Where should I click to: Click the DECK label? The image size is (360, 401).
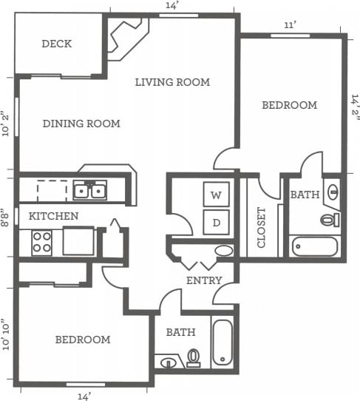[x=56, y=44]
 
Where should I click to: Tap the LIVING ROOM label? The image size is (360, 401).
[x=172, y=82]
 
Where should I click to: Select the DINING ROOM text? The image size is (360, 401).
[x=81, y=124]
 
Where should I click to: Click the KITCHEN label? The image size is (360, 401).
[x=54, y=216]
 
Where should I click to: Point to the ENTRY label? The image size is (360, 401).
[x=203, y=280]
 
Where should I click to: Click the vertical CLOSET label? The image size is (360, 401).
[x=261, y=227]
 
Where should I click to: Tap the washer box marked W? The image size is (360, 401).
[x=216, y=195]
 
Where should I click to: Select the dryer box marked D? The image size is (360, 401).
[x=216, y=222]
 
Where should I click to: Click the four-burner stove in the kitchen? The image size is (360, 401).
[x=41, y=242]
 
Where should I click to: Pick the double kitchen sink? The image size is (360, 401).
[x=89, y=192]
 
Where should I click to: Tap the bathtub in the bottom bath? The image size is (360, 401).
[x=223, y=341]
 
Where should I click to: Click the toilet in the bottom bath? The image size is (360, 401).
[x=194, y=358]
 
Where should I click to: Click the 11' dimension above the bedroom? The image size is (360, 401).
[x=291, y=25]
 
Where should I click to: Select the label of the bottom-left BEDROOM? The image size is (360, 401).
[x=83, y=340]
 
